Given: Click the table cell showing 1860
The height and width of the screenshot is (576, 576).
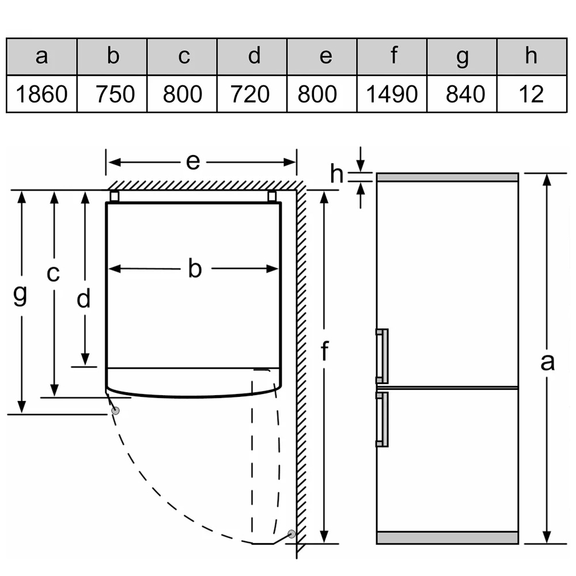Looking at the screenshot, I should (x=41, y=93).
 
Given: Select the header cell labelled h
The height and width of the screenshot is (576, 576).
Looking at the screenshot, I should (x=531, y=56).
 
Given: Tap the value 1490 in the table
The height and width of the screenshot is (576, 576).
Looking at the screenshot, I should (x=392, y=93).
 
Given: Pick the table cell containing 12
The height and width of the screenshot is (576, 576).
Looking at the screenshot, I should (x=531, y=93).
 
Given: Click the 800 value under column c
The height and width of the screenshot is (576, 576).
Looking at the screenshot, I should (x=182, y=93).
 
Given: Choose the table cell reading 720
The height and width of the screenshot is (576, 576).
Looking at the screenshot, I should (x=252, y=93).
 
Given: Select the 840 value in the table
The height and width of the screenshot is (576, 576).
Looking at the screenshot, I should (x=462, y=93).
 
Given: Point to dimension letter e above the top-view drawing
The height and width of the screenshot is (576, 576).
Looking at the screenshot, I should (x=193, y=162).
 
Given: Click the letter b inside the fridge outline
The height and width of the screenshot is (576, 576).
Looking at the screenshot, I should (x=195, y=268).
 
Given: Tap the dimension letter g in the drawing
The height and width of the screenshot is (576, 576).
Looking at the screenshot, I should (x=21, y=295).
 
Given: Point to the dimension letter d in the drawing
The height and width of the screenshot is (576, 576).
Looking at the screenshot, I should (x=85, y=299).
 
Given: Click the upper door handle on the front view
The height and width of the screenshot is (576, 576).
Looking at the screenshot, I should (x=382, y=355).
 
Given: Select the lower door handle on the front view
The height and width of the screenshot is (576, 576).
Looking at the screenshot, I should (x=382, y=419).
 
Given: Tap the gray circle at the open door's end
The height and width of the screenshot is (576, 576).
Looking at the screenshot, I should (x=291, y=534).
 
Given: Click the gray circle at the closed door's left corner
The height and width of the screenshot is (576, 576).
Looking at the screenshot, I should (x=116, y=411).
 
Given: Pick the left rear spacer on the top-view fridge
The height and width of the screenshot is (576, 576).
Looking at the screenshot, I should (x=114, y=196).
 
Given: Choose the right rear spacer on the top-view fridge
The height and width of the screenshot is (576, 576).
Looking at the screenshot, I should (x=272, y=196).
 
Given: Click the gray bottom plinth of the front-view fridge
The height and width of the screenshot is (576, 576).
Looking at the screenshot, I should (x=447, y=538).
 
